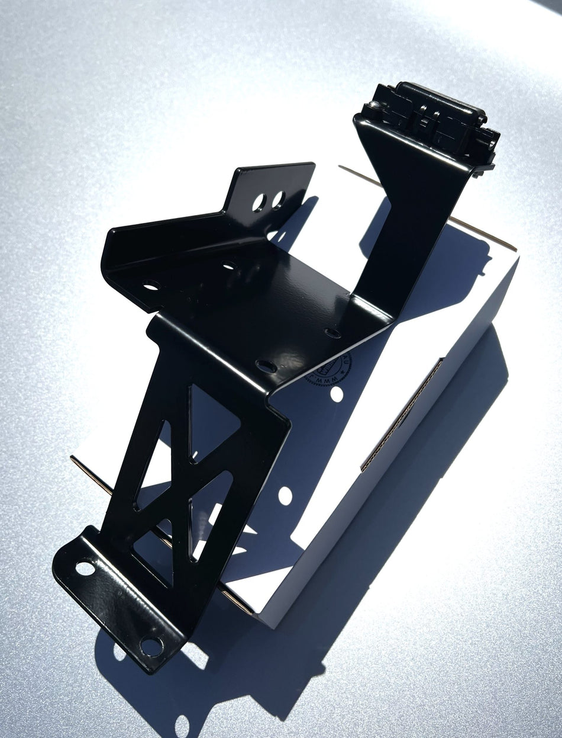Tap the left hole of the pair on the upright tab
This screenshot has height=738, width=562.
259,203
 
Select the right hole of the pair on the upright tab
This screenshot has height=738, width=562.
277,200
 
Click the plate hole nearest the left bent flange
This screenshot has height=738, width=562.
151,285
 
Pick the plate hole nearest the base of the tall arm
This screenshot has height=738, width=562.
332,333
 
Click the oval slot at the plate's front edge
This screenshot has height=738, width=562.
266,366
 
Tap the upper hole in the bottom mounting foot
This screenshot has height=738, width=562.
85,569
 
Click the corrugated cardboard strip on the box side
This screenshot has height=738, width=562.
402,415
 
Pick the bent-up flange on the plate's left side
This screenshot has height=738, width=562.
127,249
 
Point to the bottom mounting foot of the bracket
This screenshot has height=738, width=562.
118,604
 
